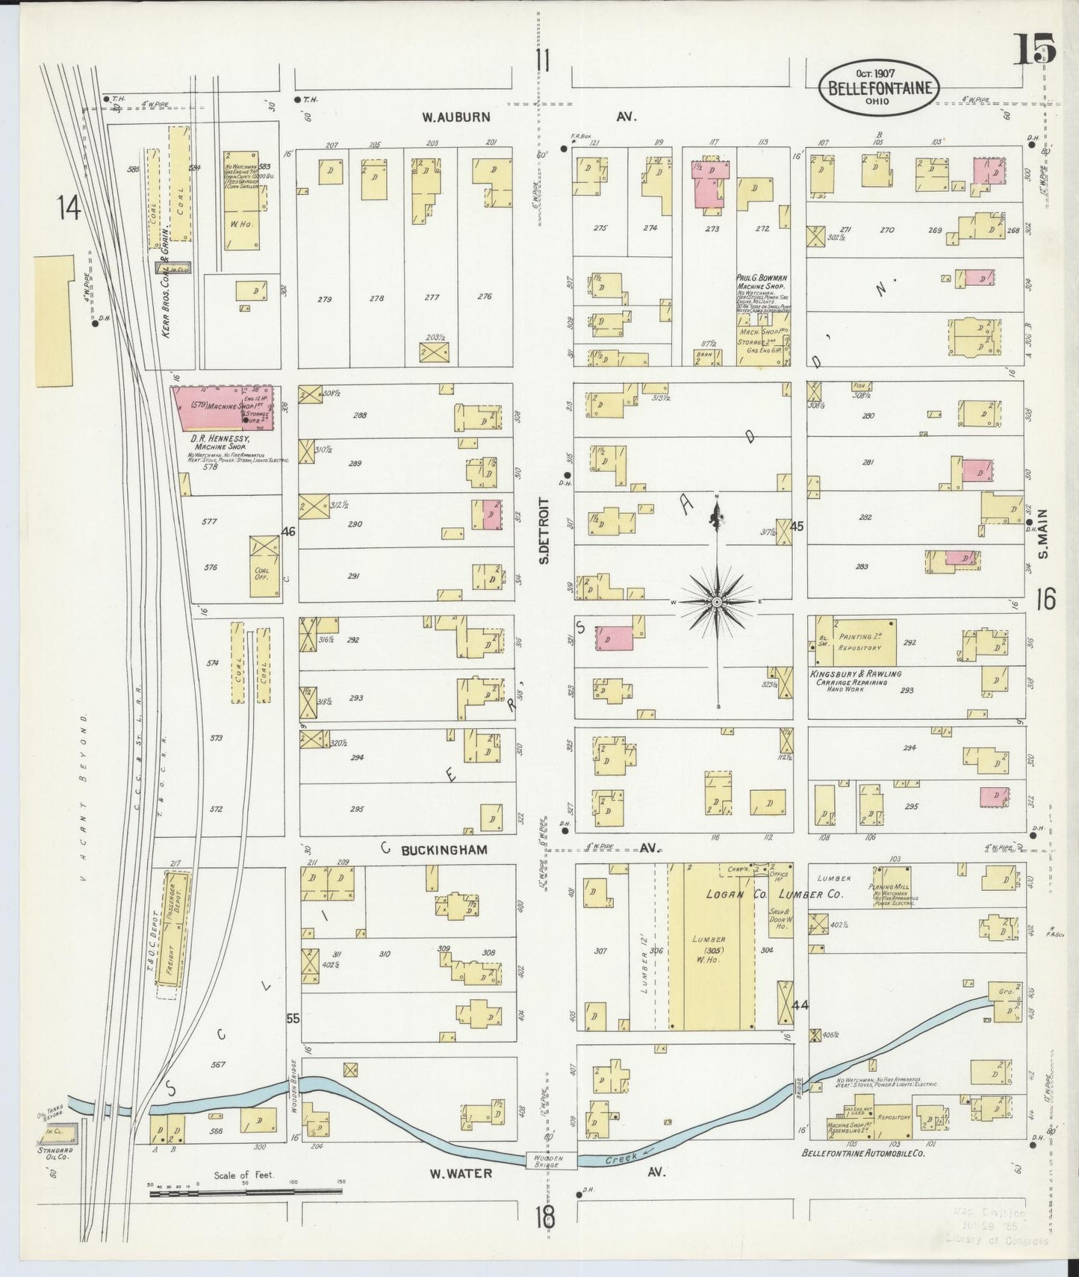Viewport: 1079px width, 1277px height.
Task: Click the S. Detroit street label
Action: [x=544, y=531]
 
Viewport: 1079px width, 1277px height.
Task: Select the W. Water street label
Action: [x=461, y=1173]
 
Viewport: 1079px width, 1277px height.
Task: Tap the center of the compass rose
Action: [x=717, y=601]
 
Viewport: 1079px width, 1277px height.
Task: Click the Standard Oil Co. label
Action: [x=53, y=1153]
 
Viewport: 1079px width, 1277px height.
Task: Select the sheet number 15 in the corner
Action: [x=1035, y=51]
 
